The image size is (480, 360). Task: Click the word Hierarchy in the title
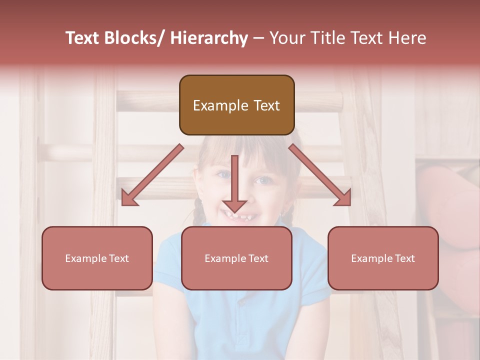point(208,38)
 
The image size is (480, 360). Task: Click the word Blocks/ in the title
point(132,38)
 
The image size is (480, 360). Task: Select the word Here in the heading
point(406,38)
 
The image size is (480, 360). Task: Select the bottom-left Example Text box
point(97,258)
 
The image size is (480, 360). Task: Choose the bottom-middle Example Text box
point(236,258)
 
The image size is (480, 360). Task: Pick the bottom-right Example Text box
point(383,258)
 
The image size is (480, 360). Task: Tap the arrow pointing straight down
point(234,185)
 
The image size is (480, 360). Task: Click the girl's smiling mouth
point(239,216)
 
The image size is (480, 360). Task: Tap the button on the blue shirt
point(242,302)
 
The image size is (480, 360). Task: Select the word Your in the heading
point(286,38)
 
